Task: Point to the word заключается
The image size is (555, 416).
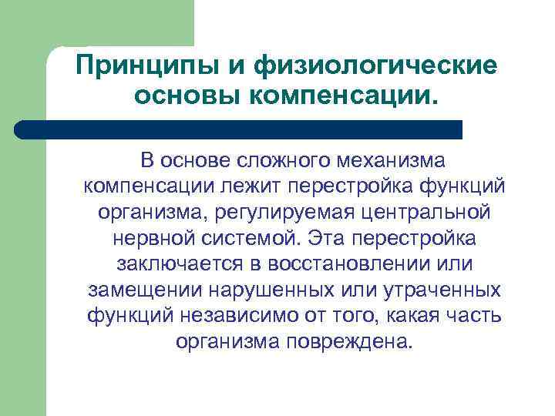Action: (180, 263)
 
